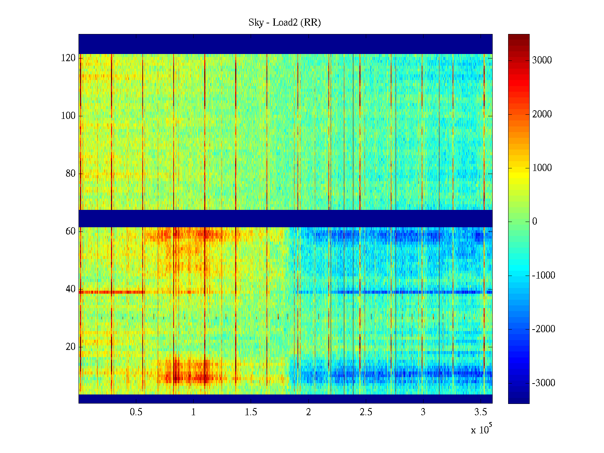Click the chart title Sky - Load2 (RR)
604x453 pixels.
pyautogui.click(x=285, y=23)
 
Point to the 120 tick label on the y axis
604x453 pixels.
pyautogui.click(x=68, y=58)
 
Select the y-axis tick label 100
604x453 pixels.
pyautogui.click(x=68, y=116)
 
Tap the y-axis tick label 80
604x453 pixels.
pyautogui.click(x=71, y=174)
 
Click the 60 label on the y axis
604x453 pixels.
pyautogui.click(x=71, y=231)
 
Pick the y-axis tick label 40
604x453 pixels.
pyautogui.click(x=71, y=289)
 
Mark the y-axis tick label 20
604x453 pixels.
pyautogui.click(x=71, y=347)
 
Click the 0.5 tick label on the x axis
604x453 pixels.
pyautogui.click(x=136, y=412)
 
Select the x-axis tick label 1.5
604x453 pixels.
pyautogui.click(x=251, y=412)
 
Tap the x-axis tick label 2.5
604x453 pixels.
pyautogui.click(x=365, y=412)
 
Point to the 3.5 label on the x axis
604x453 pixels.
pyautogui.click(x=481, y=412)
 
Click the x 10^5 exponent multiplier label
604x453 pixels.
pyautogui.click(x=481, y=429)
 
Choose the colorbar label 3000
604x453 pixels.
pyautogui.click(x=542, y=60)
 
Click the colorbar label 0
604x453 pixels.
pyautogui.click(x=535, y=222)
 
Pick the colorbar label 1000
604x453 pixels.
pyautogui.click(x=542, y=168)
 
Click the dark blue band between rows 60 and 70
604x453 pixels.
pyautogui.click(x=285, y=218)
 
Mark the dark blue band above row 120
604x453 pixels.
pyautogui.click(x=285, y=44)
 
